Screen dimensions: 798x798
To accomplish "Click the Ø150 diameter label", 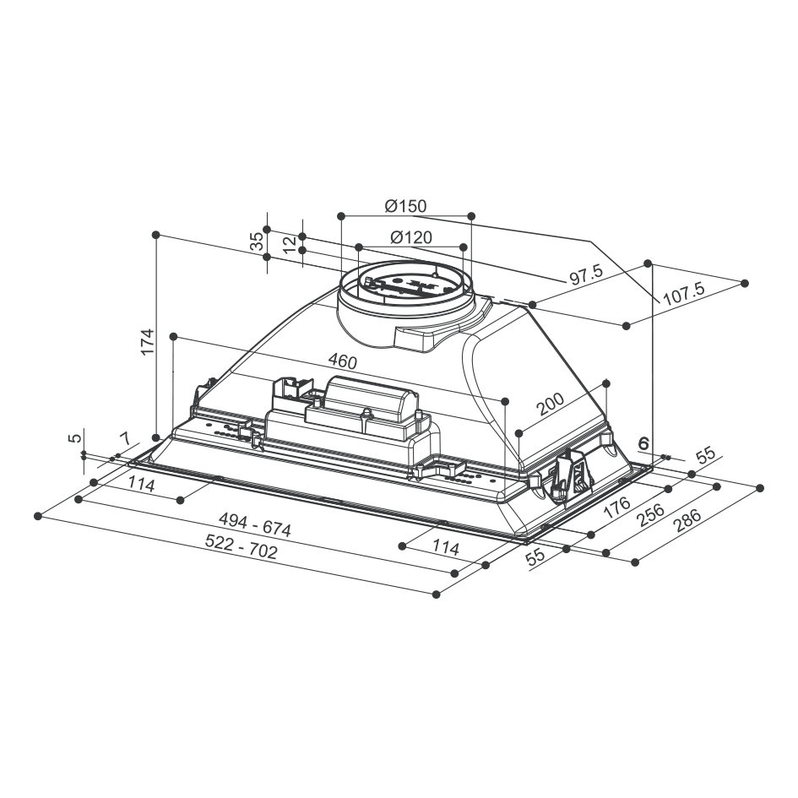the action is [x=405, y=206].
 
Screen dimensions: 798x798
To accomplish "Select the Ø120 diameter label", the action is [x=411, y=237].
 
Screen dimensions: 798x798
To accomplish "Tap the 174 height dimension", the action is [x=147, y=342].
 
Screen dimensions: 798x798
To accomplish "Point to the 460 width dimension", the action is [x=343, y=361].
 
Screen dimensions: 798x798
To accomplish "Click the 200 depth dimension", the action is [x=550, y=404].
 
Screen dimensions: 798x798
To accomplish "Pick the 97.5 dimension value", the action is [x=586, y=274].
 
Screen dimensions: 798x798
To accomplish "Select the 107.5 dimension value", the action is [x=685, y=294].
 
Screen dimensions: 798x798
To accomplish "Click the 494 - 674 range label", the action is [x=255, y=524].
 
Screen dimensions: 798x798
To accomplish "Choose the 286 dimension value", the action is [x=687, y=519].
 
